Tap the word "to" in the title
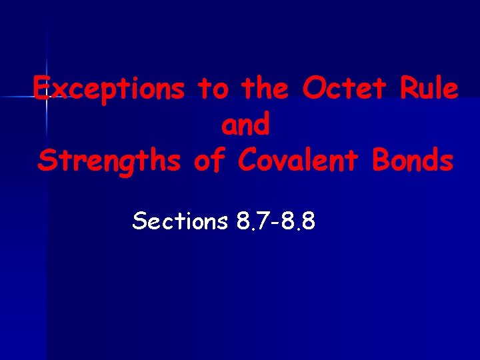(x=211, y=89)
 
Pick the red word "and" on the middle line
(x=245, y=125)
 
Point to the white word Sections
(x=180, y=221)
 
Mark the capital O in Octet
(x=313, y=89)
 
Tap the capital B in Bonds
(x=379, y=161)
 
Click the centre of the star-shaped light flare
(x=47, y=97)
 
